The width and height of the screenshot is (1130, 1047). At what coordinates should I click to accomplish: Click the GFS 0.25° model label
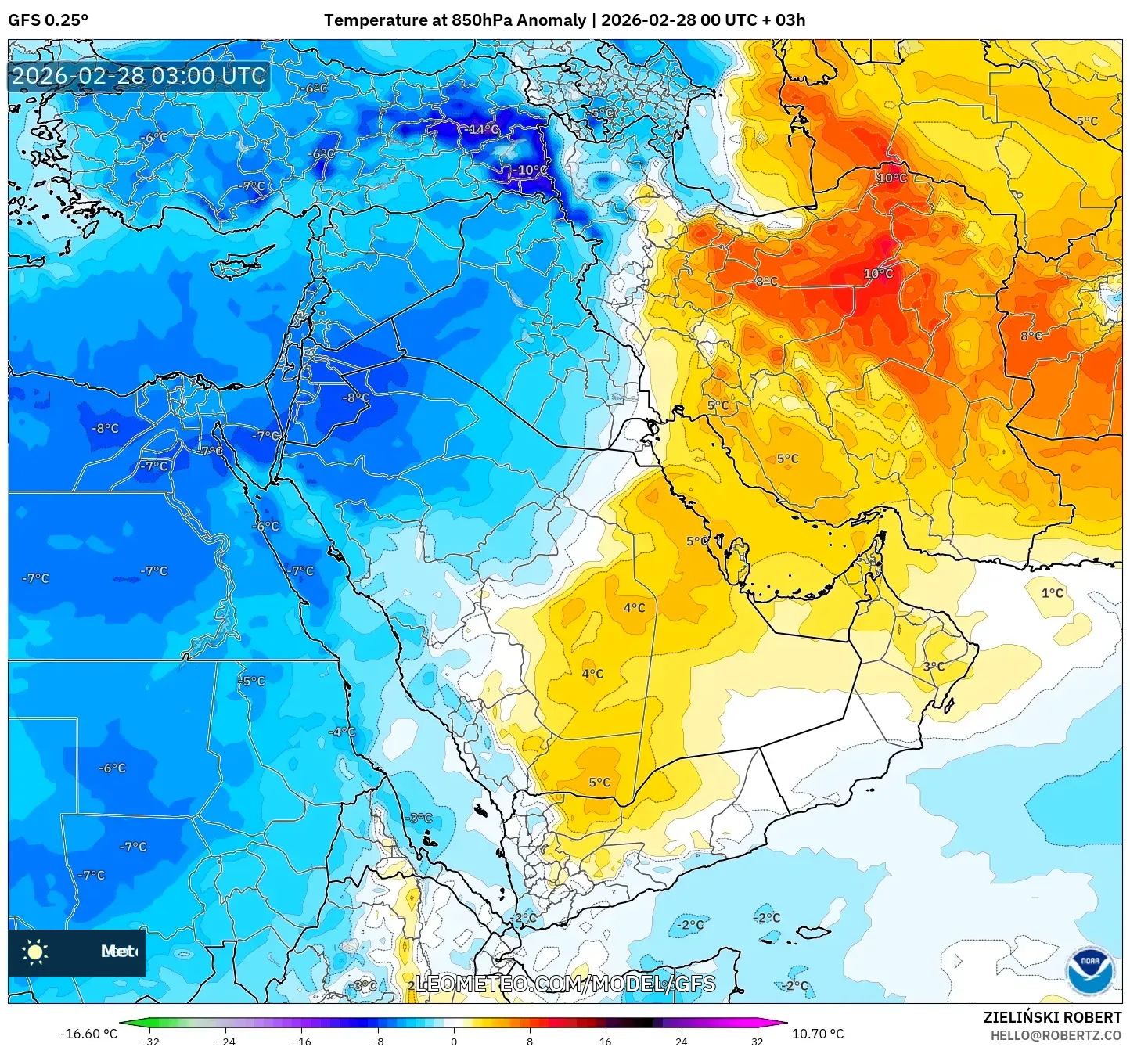(48, 20)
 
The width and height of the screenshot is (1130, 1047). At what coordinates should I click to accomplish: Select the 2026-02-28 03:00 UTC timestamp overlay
(139, 77)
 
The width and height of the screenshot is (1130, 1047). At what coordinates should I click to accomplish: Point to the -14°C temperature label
(483, 129)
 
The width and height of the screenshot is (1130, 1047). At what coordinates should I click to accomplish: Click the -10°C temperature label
(530, 170)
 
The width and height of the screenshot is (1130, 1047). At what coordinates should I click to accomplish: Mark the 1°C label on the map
(1052, 593)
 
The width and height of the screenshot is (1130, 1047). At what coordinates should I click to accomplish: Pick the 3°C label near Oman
(934, 667)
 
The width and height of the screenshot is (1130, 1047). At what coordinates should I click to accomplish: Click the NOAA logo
(1089, 970)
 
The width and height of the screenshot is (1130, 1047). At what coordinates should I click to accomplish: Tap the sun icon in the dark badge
(35, 952)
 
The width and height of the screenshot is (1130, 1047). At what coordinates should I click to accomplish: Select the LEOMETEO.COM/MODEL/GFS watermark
(564, 984)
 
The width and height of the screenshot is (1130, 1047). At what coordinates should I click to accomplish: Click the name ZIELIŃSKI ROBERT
(1052, 1017)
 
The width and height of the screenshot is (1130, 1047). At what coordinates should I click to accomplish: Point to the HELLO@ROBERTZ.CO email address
(1056, 1035)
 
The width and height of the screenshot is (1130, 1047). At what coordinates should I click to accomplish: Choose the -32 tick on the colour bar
(149, 1041)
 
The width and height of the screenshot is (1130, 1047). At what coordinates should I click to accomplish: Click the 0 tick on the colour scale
(453, 1041)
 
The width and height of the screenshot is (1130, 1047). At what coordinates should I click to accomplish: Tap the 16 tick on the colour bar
(605, 1041)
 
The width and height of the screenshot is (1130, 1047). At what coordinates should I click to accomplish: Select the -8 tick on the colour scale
(377, 1041)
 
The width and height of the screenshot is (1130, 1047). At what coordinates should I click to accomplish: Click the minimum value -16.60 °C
(88, 1034)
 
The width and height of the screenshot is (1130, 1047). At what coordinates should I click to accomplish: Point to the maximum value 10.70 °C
(818, 1034)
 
